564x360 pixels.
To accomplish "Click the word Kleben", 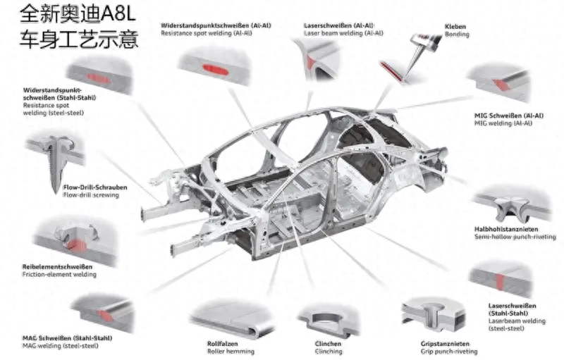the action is click(x=455, y=27).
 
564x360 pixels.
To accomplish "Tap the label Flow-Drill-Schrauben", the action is click(x=95, y=187).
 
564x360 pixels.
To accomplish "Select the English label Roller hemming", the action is click(x=231, y=352).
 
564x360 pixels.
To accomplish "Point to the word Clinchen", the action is click(x=328, y=344).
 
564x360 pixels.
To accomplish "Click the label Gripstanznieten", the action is click(x=445, y=344).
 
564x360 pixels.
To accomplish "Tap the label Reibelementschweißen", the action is click(x=57, y=266).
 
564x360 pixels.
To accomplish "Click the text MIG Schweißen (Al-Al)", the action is click(x=508, y=116).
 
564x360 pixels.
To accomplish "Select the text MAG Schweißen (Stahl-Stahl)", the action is click(x=67, y=338).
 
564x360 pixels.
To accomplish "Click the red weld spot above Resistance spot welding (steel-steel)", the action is click(x=99, y=78).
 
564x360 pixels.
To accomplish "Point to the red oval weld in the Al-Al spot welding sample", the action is click(x=215, y=69).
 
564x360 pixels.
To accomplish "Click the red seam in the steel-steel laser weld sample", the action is click(x=500, y=281).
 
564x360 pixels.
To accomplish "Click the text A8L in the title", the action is click(x=118, y=13).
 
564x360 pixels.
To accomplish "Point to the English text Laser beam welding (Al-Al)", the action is click(x=343, y=33).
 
